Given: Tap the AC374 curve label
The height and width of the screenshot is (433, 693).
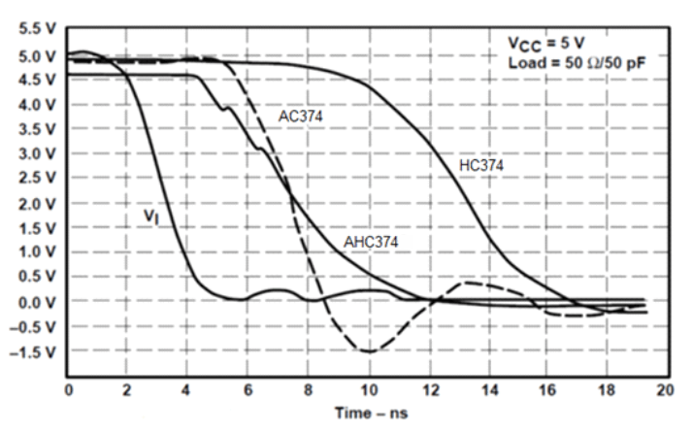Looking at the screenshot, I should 301,116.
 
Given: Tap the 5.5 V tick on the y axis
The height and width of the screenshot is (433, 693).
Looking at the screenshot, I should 33,30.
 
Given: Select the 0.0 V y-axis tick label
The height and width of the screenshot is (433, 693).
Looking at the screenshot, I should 33,302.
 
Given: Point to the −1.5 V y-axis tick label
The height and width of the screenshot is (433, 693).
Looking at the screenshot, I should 29,351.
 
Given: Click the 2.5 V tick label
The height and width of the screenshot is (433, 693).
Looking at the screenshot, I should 33,179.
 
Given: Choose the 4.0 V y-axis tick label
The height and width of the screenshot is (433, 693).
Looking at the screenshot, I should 33,104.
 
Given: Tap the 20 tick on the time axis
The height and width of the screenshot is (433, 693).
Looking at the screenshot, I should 665,390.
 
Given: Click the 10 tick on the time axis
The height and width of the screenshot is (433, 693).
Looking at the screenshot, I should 367,390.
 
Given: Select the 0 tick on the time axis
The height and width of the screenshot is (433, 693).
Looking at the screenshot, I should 68,390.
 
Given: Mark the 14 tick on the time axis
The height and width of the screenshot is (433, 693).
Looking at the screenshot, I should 486,390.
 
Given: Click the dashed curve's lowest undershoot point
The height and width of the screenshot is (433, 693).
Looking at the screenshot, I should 368,351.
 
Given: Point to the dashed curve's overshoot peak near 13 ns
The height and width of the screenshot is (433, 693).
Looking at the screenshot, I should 467,283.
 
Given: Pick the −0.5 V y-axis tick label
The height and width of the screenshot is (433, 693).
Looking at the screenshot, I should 29,327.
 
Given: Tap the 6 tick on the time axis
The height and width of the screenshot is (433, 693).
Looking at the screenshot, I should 247,390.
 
